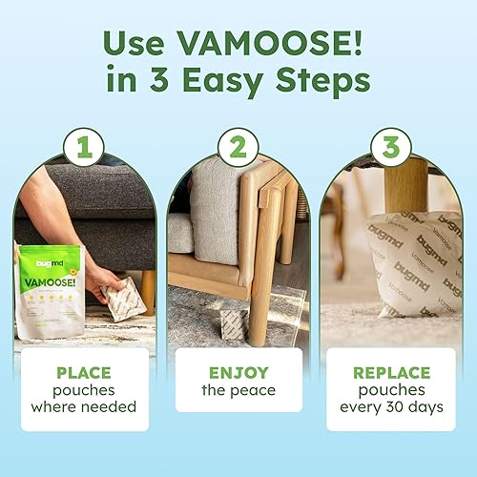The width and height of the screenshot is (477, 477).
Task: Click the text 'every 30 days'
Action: tap(393, 408)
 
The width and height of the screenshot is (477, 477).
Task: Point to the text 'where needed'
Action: tap(82, 408)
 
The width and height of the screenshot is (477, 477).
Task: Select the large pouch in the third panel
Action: tap(401, 262)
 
